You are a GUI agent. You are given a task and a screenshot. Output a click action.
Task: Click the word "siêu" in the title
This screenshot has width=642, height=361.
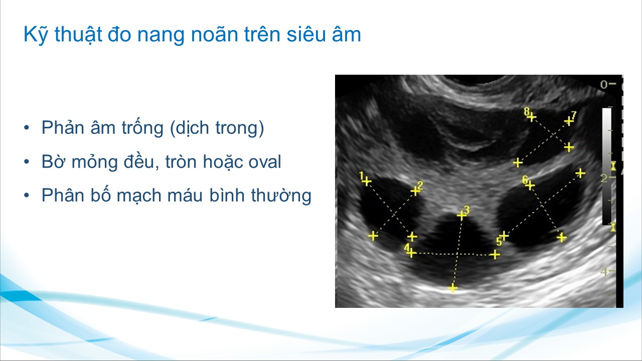point(306,35)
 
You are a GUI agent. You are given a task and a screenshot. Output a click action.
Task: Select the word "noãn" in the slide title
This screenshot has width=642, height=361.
point(215,34)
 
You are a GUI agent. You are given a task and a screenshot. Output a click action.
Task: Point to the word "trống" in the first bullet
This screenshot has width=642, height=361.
point(142,127)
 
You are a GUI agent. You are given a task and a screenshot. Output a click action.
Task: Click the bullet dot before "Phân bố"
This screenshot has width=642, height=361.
point(27,196)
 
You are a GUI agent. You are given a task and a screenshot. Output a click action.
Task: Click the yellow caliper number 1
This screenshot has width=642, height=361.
point(362,175)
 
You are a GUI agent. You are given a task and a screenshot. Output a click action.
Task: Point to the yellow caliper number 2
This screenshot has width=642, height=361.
point(420,186)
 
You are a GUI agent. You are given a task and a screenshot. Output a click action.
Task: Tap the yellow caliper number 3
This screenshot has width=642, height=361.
point(466,210)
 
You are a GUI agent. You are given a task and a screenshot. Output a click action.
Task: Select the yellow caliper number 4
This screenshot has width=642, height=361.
point(407,248)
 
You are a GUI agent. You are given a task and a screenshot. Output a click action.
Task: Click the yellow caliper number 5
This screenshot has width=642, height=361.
point(499,242)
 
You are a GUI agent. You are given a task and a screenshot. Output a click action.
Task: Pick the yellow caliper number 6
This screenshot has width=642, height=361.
point(525,180)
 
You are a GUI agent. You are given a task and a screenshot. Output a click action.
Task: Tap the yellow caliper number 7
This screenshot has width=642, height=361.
point(573,115)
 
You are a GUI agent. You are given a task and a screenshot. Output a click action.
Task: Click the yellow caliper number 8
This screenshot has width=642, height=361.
point(527,111)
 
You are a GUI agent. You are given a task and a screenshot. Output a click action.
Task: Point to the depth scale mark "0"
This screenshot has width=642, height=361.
point(604,85)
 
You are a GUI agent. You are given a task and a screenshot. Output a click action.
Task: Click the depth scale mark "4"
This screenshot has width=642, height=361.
point(604,271)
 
